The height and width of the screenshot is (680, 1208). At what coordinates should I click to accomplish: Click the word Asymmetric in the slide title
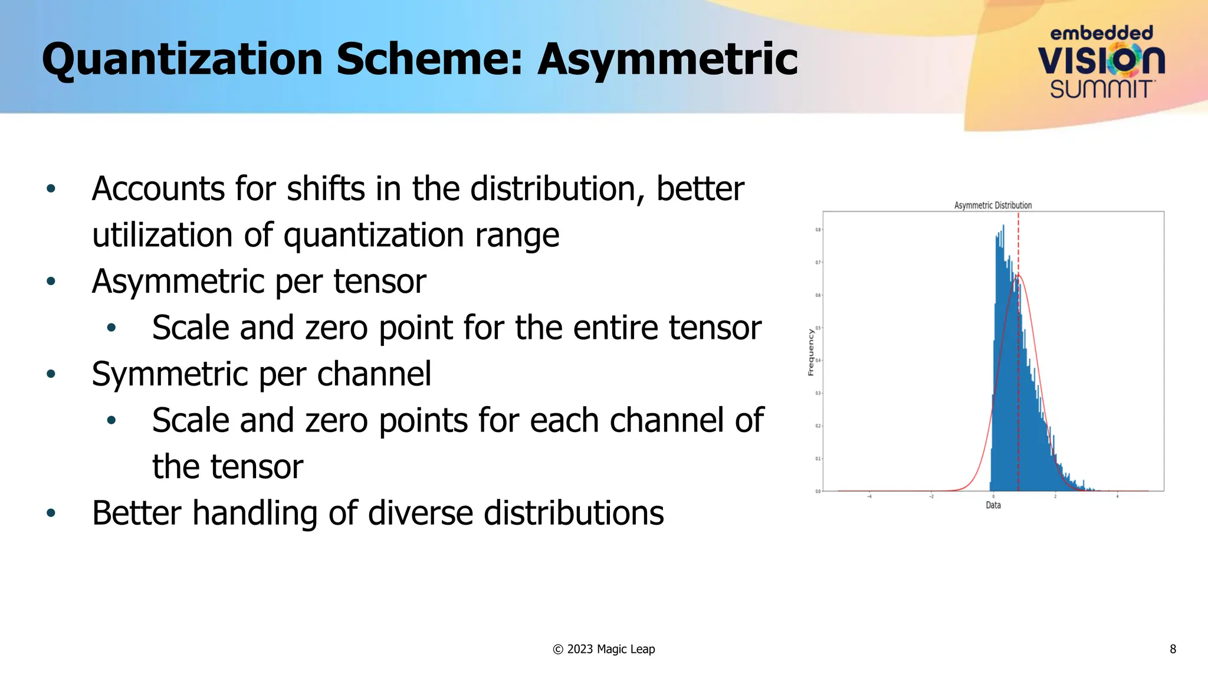(667, 60)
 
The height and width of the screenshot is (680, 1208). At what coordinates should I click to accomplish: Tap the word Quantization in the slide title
(182, 60)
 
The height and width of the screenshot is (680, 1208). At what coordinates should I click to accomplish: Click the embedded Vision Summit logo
(1101, 61)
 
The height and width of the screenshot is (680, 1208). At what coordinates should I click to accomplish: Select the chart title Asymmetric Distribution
(993, 205)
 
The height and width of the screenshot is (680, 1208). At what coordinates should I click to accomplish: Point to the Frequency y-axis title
(811, 352)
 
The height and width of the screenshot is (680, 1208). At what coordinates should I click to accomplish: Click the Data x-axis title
(993, 505)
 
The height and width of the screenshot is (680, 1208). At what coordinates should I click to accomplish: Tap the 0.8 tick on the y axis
(818, 230)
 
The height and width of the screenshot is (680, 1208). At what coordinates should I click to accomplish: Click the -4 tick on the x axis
(869, 496)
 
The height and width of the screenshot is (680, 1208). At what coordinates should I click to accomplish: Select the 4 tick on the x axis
(1117, 496)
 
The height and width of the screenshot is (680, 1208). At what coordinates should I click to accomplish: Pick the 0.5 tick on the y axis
(818, 328)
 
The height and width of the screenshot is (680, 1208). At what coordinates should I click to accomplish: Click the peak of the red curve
(1018, 275)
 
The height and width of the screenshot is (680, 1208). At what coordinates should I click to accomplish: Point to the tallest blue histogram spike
(1003, 227)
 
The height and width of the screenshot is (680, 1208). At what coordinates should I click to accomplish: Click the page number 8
(1173, 649)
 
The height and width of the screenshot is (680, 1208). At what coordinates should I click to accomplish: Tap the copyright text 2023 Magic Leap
(610, 649)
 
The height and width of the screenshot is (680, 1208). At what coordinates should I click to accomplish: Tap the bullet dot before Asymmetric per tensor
(51, 282)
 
